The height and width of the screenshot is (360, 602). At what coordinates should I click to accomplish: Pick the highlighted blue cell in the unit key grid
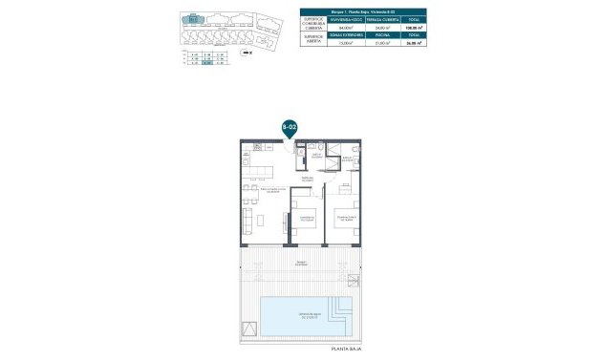pyautogui.click(x=204, y=62)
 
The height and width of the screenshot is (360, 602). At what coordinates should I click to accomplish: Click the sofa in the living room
pyautogui.click(x=247, y=221)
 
